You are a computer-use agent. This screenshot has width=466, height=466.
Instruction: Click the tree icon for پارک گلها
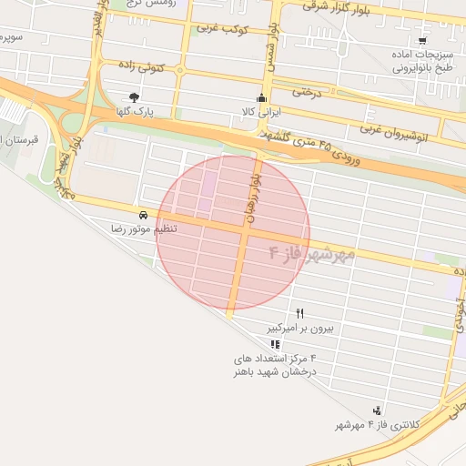click(x=135, y=96)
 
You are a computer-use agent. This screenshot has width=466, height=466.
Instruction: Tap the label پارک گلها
click(x=135, y=111)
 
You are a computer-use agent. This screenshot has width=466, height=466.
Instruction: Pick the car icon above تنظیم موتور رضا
click(x=144, y=216)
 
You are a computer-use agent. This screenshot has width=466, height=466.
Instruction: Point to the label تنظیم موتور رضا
click(x=144, y=229)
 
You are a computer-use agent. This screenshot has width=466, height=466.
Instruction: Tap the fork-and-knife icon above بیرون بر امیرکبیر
click(x=299, y=312)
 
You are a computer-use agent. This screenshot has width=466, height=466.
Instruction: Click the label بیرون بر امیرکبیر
click(x=300, y=326)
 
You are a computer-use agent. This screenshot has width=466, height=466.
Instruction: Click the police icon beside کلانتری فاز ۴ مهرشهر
click(x=377, y=411)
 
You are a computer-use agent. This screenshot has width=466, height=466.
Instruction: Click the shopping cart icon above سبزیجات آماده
click(x=422, y=41)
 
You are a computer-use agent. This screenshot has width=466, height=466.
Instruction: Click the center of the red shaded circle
click(x=233, y=232)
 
